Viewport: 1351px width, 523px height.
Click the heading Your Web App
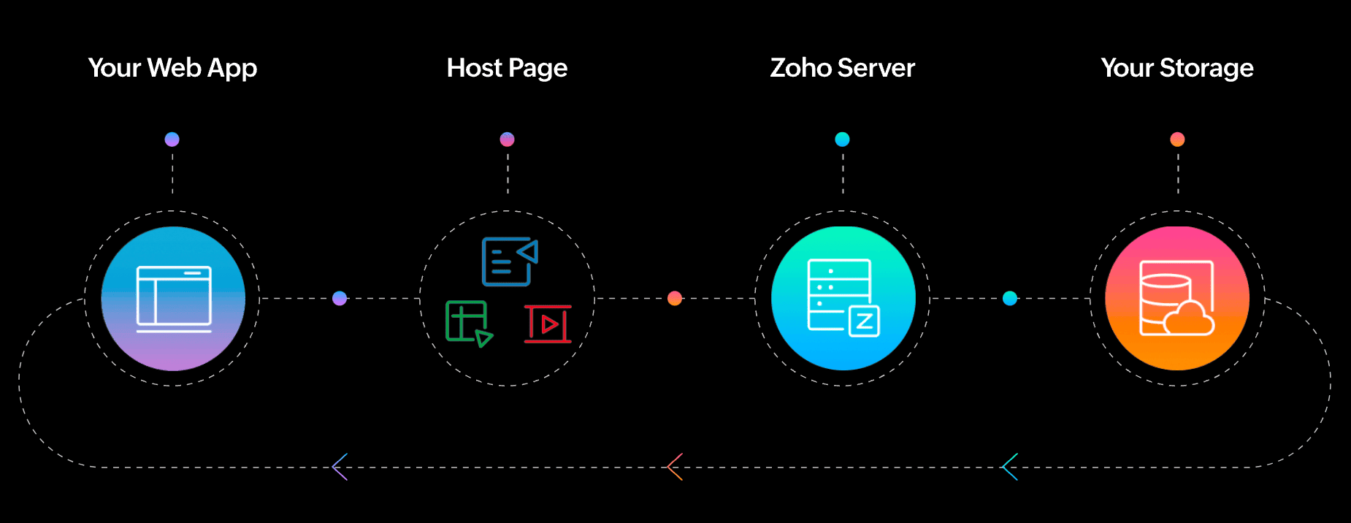(172, 68)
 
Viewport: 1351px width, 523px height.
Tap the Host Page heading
(507, 68)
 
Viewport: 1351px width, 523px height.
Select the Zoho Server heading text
(842, 67)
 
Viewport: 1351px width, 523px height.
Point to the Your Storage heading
(1177, 68)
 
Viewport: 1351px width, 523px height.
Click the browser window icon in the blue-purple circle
(174, 299)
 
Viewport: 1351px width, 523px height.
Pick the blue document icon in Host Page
(510, 261)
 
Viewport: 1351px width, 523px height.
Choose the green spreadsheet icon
(469, 324)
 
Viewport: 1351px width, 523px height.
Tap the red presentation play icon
(548, 324)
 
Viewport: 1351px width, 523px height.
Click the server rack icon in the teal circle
(843, 298)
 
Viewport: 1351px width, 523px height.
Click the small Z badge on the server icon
(864, 321)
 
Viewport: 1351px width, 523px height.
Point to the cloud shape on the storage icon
(1189, 318)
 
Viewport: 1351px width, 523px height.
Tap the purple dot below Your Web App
(172, 140)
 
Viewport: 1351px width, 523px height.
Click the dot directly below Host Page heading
(507, 140)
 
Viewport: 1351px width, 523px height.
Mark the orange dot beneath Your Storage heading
(1177, 140)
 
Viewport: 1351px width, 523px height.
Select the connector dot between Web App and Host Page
(340, 298)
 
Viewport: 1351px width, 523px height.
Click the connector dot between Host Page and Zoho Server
(675, 298)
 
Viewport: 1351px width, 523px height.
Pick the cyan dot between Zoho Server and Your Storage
(1010, 298)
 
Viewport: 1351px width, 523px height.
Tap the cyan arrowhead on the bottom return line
(1010, 467)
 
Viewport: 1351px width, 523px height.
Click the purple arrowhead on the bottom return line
(340, 467)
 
